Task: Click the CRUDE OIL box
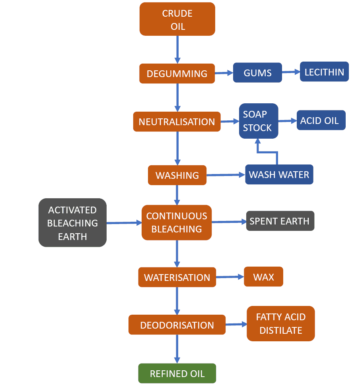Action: (x=177, y=19)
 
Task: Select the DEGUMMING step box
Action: (x=177, y=74)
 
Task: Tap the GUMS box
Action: (x=258, y=73)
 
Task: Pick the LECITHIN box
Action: (x=324, y=72)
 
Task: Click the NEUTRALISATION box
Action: (x=177, y=122)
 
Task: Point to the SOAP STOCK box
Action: (x=258, y=121)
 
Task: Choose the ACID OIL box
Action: (x=321, y=120)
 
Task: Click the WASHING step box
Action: (x=177, y=175)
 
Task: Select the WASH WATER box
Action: (x=279, y=174)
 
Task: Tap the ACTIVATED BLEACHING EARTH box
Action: (x=72, y=222)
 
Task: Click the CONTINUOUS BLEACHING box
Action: (x=177, y=222)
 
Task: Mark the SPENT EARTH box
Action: (x=280, y=221)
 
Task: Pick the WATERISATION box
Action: (x=177, y=277)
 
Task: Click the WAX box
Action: (x=263, y=277)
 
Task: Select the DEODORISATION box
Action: (x=177, y=325)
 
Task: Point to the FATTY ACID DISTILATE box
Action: (x=280, y=323)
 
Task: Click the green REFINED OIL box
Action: (x=177, y=373)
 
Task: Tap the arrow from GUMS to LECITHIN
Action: (x=291, y=72)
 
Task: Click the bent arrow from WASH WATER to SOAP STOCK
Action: (x=267, y=152)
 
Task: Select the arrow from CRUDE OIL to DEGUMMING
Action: (x=177, y=50)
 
